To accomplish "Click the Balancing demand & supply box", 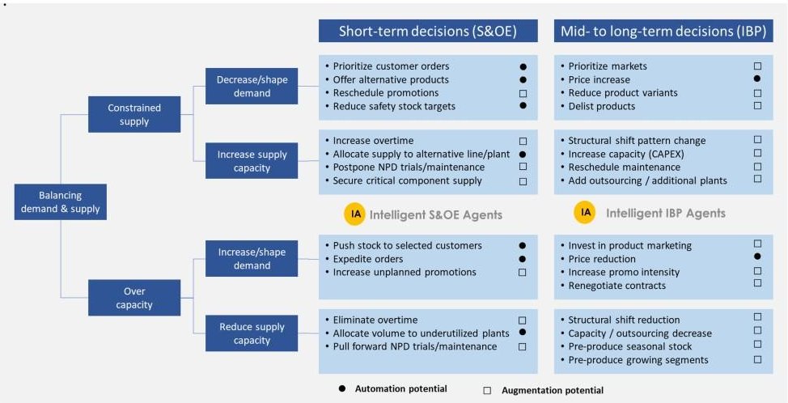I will pos(61,202).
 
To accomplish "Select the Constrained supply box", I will pos(134,114).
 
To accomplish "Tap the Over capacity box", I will pos(134,297).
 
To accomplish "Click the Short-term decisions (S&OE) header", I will pos(428,32).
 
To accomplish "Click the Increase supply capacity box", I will pos(252,161).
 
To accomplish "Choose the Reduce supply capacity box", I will pos(252,333).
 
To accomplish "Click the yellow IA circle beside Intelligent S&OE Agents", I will pos(354,214).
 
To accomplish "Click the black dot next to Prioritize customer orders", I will pos(523,66).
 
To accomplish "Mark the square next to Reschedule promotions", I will pos(523,93).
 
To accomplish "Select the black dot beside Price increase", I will pos(757,79).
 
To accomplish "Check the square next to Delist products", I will pos(757,106).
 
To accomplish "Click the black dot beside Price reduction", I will pos(757,257).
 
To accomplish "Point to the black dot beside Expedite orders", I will pos(523,259).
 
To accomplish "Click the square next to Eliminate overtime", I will pos(523,320).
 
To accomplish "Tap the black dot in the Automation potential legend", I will pos(342,389).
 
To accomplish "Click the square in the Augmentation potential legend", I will pos(487,390).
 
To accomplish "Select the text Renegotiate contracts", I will pos(616,285).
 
